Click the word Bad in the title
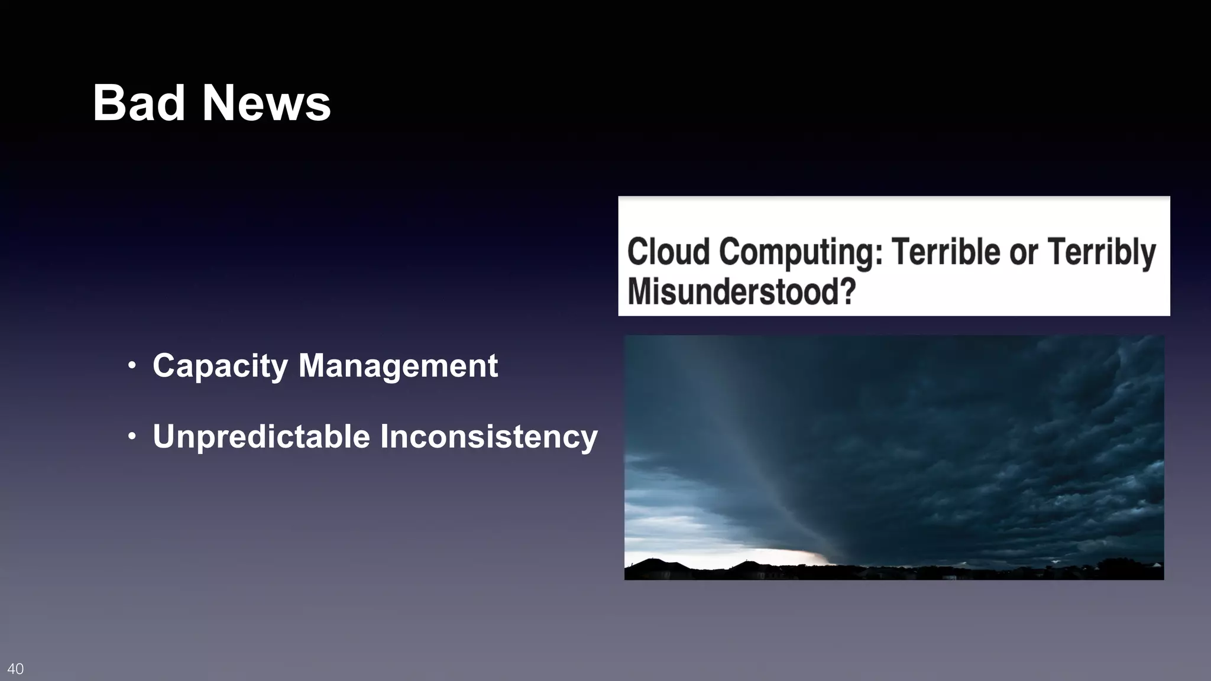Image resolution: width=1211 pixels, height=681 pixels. click(139, 103)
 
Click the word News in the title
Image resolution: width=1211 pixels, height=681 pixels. click(266, 103)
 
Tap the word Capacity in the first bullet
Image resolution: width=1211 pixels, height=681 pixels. click(220, 366)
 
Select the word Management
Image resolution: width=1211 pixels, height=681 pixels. click(398, 366)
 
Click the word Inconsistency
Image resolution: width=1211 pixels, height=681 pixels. click(488, 437)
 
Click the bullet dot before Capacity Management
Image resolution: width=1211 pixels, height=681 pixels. click(132, 366)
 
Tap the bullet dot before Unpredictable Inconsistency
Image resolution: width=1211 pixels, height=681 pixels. click(132, 437)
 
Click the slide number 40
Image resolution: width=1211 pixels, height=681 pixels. click(15, 669)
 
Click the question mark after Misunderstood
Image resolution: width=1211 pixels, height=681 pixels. click(849, 291)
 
